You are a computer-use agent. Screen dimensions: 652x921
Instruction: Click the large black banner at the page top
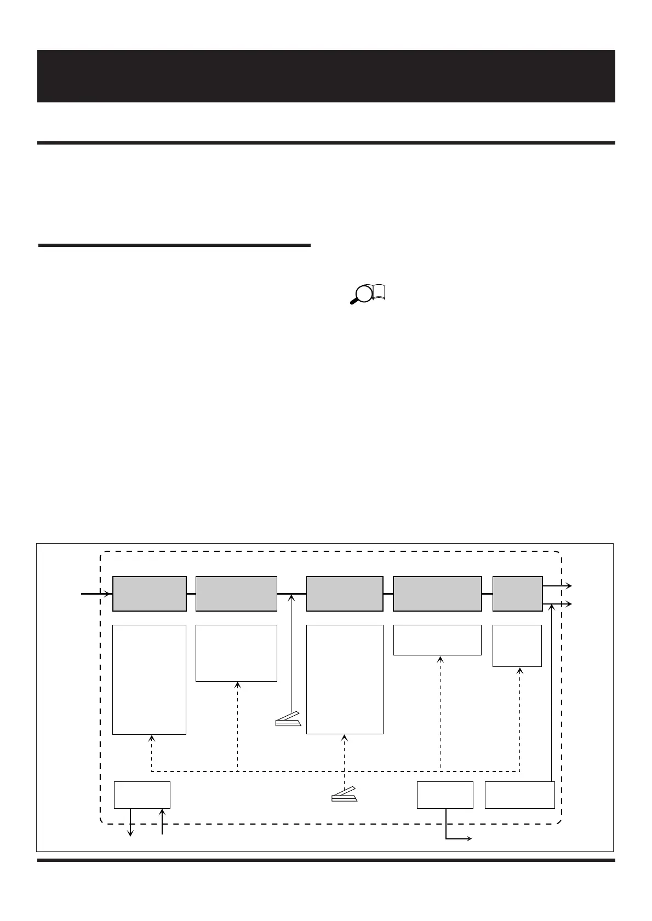[326, 76]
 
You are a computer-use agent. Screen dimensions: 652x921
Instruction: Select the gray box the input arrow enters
[149, 594]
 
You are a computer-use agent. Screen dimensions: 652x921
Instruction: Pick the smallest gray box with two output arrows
[517, 594]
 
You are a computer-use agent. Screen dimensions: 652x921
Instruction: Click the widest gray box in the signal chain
[437, 594]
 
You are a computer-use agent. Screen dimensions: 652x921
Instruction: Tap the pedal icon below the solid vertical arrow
[288, 719]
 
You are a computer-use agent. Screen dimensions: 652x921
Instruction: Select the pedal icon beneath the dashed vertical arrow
[344, 795]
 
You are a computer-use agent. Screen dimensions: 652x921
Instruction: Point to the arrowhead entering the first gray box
[108, 593]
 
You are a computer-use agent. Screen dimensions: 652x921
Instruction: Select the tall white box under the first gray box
[149, 679]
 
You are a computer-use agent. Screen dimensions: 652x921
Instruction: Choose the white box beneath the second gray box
[236, 653]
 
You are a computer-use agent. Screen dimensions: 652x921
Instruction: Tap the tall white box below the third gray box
[344, 679]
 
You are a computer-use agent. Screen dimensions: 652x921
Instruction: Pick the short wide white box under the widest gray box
[437, 640]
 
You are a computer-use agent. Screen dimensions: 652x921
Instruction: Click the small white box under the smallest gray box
[517, 646]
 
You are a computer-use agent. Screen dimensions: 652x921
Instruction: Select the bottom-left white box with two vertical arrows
[142, 795]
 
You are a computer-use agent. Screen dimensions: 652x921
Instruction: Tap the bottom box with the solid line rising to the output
[519, 795]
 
